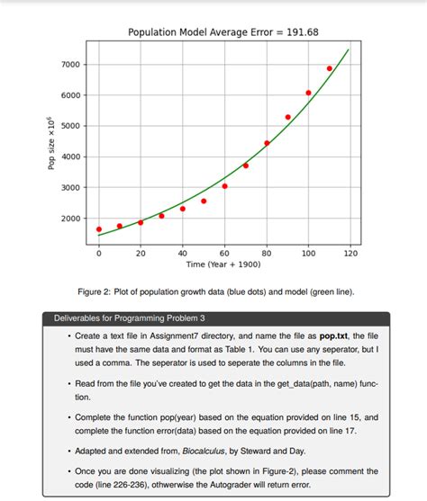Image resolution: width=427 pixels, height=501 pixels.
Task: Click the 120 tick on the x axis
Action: point(350,255)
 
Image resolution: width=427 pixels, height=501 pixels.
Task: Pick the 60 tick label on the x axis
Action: point(224,255)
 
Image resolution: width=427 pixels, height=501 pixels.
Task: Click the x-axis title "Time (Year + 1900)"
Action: point(224,265)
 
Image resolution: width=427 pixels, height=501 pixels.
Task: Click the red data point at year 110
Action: point(330,68)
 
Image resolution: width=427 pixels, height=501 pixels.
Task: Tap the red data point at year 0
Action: point(99,229)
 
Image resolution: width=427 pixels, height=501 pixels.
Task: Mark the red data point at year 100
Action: point(308,93)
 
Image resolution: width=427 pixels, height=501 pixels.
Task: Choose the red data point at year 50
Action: point(204,201)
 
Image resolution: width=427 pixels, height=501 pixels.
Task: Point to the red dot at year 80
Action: point(267,143)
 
